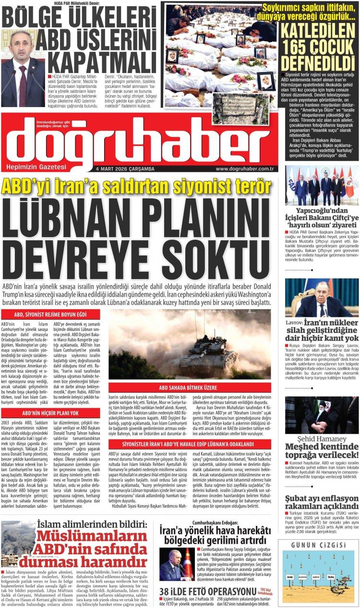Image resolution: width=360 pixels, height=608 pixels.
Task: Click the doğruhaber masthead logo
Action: click(130, 139)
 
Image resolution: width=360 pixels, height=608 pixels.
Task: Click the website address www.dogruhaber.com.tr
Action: click(244, 169)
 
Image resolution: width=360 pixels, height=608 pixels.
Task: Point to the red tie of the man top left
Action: click(23, 86)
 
